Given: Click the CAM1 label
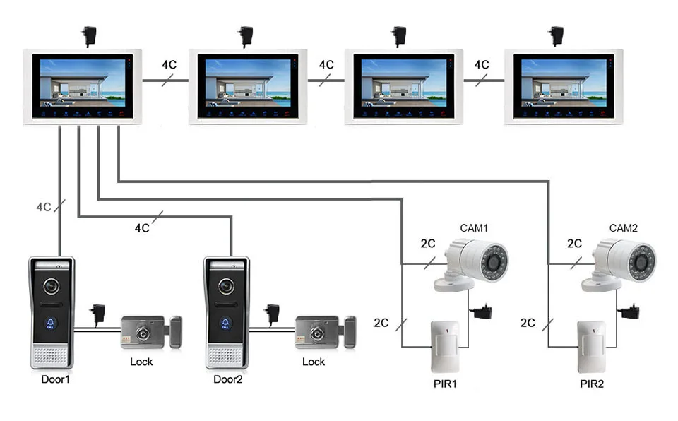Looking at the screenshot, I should [475, 228].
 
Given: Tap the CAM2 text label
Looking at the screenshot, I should [624, 228].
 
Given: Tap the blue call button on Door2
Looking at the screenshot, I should [226, 324].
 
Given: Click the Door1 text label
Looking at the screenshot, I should [56, 379].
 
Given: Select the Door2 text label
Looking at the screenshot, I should [228, 379].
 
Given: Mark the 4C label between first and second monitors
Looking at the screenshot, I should [169, 64].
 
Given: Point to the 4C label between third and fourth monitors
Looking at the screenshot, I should [482, 64].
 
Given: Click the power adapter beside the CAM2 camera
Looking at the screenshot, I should [627, 312].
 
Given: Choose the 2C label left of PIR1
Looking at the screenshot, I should [381, 323].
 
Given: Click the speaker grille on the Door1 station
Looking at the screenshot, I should [52, 355].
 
